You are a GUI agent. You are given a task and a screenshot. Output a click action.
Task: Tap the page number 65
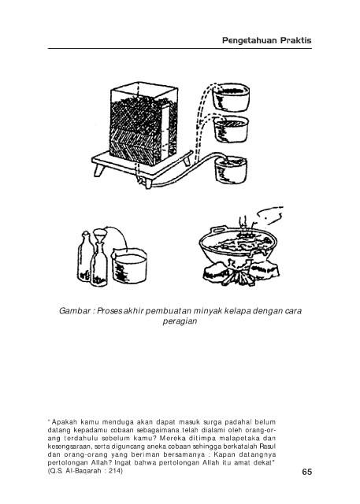pyautogui.click(x=307, y=472)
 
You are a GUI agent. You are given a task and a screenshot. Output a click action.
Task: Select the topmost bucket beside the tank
pyautogui.click(x=231, y=96)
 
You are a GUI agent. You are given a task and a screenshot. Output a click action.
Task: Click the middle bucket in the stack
pyautogui.click(x=231, y=128)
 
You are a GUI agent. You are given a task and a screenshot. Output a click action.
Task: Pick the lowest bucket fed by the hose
pyautogui.click(x=231, y=169)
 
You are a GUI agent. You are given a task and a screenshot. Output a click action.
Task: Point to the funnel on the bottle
pyautogui.click(x=99, y=236)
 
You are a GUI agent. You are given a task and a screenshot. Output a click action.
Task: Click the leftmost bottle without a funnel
pyautogui.click(x=85, y=257)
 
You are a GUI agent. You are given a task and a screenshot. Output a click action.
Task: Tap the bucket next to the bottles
pyautogui.click(x=129, y=266)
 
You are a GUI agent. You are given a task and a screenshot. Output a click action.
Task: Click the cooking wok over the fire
pyautogui.click(x=238, y=244)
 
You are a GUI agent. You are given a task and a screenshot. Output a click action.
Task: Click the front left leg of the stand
pyautogui.click(x=99, y=169)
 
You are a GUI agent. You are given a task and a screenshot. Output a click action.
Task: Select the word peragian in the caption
pyautogui.click(x=180, y=321)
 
